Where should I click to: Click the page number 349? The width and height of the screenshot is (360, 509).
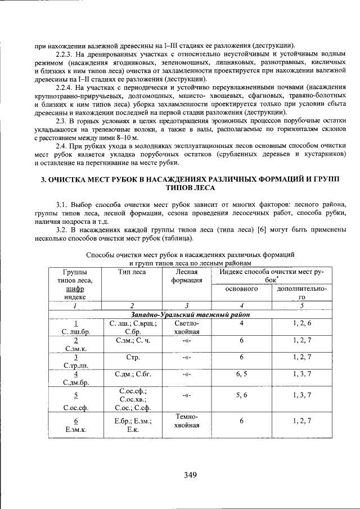coord(190,475)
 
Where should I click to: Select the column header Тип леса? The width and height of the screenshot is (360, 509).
coord(132,272)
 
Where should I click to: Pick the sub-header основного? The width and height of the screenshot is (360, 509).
coord(241,289)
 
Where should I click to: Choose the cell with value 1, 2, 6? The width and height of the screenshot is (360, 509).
coord(301,323)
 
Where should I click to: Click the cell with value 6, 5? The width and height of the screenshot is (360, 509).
coord(241,373)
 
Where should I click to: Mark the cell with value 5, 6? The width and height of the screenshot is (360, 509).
coord(241,395)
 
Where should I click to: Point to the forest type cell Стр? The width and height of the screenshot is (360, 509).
coord(132,357)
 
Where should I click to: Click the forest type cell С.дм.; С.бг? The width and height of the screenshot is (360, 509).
coord(132,373)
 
